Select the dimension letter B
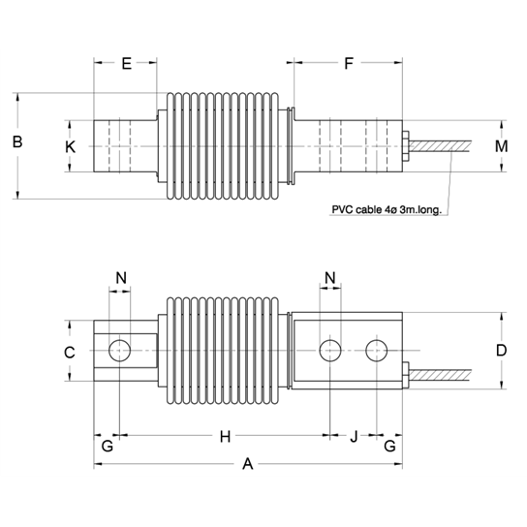pos(16,141)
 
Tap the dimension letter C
pos(69,353)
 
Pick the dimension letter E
pos(125,65)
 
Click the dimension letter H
pos(225,438)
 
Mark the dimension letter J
pos(354,438)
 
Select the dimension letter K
pos(69,147)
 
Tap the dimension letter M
pos(500,147)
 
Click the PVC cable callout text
pos(387,209)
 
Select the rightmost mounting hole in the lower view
pos(376,349)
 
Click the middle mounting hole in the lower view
pos(330,349)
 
